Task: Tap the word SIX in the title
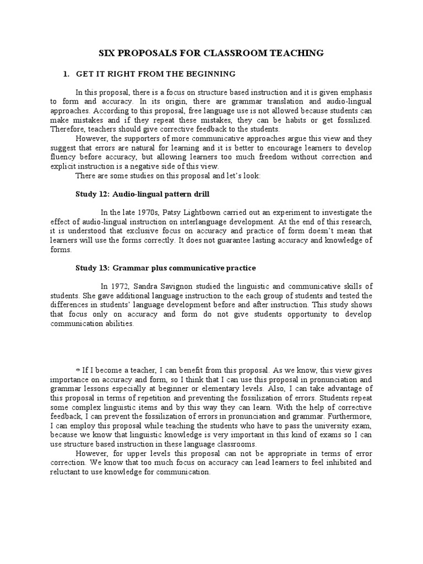(x=106, y=53)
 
